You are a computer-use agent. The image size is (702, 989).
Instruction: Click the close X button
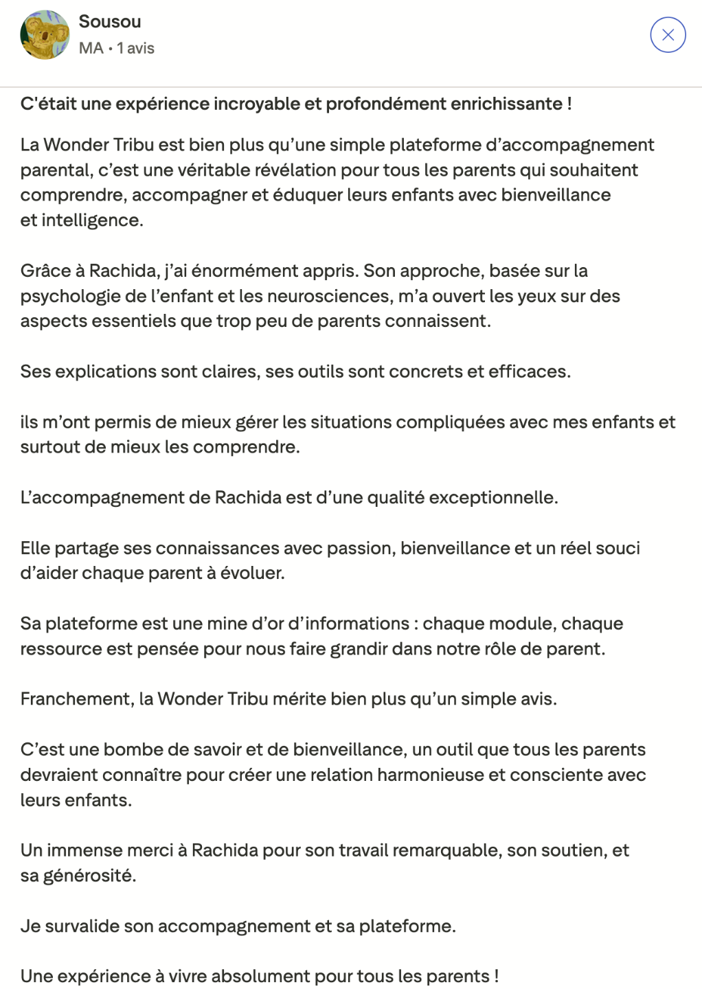668,35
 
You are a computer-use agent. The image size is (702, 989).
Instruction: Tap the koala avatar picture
45,35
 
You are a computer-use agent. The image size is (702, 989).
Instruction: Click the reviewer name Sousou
110,22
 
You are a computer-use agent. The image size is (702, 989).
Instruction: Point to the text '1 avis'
135,48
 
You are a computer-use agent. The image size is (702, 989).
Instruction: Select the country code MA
91,48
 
